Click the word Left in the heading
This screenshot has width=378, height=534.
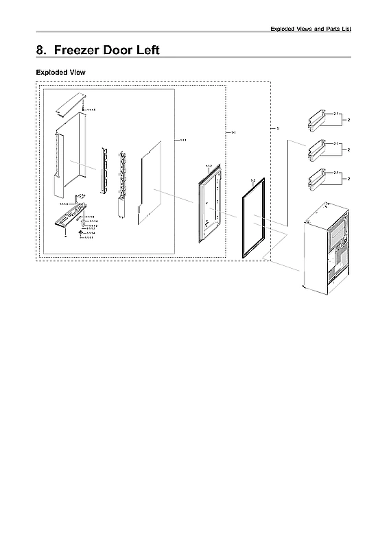[146, 50]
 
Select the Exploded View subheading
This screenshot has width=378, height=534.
[60, 72]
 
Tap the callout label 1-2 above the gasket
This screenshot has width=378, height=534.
[252, 180]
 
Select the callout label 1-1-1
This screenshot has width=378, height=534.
[182, 141]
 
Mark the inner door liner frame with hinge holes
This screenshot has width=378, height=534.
[209, 198]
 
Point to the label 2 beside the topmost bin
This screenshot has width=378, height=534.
[349, 120]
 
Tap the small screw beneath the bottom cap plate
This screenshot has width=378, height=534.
[65, 236]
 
